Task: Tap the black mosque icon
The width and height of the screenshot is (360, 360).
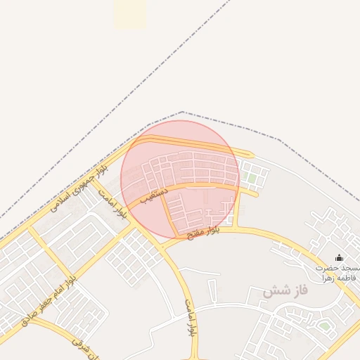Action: tap(340, 258)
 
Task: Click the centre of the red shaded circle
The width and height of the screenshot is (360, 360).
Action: tap(180, 179)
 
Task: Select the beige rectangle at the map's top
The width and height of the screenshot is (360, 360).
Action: tap(130, 14)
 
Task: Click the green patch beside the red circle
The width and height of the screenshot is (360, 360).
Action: tap(252, 179)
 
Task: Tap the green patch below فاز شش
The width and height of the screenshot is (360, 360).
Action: tap(324, 326)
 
